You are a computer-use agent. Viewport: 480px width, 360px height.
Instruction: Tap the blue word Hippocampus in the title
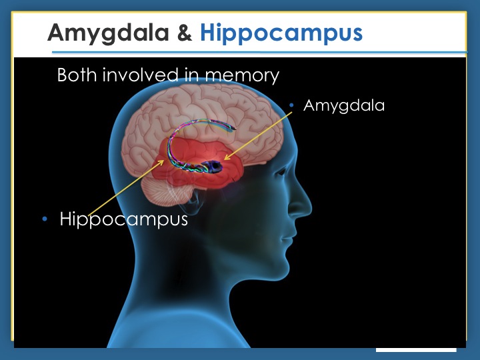pyautogui.click(x=281, y=33)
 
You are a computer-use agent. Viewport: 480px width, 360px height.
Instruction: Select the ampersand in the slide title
pyautogui.click(x=184, y=33)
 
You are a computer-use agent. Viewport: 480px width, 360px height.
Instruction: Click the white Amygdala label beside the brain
pyautogui.click(x=344, y=106)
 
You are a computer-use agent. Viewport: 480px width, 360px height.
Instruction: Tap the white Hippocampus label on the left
pyautogui.click(x=124, y=219)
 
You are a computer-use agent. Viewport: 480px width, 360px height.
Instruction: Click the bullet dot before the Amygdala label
pyautogui.click(x=291, y=105)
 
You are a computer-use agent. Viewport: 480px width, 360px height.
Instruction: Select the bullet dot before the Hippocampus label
pyautogui.click(x=45, y=219)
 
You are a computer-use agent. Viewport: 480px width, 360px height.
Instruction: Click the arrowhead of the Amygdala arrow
pyautogui.click(x=226, y=158)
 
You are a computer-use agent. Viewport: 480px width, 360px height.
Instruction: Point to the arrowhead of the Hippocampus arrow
pyautogui.click(x=162, y=161)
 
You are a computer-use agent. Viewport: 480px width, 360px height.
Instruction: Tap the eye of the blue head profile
pyautogui.click(x=281, y=172)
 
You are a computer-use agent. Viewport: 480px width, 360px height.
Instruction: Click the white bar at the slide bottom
pyautogui.click(x=416, y=350)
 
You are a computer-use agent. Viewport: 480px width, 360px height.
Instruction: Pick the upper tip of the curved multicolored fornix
pyautogui.click(x=234, y=127)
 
